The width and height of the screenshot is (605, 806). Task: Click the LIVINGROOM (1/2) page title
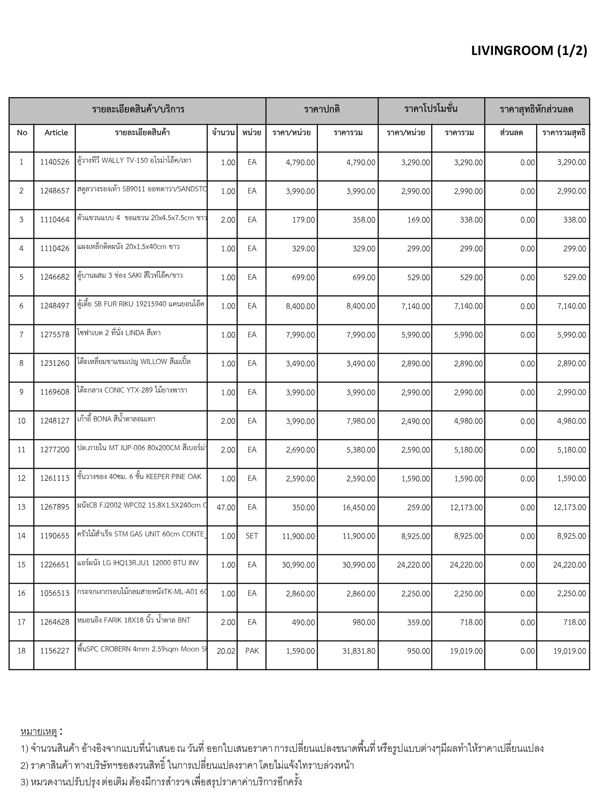click(529, 51)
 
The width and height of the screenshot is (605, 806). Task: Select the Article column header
click(56, 133)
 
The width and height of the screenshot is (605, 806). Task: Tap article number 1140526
click(55, 162)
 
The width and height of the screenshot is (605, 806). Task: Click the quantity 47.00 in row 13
click(226, 507)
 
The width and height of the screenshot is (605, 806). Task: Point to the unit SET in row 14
click(252, 536)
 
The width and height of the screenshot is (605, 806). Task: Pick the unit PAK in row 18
click(252, 651)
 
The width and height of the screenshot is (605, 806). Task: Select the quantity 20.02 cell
click(226, 651)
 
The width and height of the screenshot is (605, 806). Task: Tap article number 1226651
click(55, 565)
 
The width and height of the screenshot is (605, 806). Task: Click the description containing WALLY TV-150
click(134, 161)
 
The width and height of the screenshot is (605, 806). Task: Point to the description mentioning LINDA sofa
click(119, 333)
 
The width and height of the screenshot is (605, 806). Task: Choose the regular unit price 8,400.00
click(300, 306)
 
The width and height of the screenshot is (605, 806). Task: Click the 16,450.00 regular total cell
click(358, 507)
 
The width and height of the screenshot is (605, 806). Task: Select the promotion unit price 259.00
click(418, 507)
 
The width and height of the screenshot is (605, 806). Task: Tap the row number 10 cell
click(21, 421)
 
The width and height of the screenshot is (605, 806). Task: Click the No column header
click(22, 133)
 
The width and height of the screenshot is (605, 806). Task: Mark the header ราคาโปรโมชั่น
click(431, 109)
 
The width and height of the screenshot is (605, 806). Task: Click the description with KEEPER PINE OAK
click(139, 477)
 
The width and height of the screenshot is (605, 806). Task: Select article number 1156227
click(55, 651)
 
